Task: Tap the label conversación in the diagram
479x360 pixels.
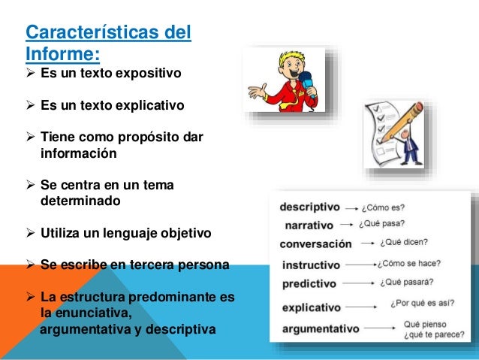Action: [315, 244]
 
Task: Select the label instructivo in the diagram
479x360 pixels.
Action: [311, 265]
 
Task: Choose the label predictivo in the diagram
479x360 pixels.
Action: [310, 283]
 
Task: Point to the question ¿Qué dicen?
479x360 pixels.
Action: [404, 242]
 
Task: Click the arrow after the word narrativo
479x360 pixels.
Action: [347, 224]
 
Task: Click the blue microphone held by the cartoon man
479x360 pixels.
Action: [306, 79]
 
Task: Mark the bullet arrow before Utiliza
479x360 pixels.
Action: [31, 234]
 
